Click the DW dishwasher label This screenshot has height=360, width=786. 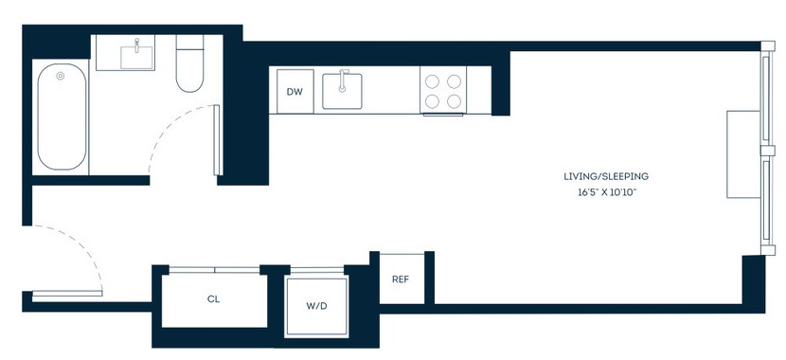point(295,92)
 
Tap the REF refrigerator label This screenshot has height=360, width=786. point(401,279)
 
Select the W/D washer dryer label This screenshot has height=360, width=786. point(316,306)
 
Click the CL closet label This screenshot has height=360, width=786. point(213,299)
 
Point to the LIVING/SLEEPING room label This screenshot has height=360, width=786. point(606,176)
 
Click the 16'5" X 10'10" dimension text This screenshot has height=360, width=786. point(606,192)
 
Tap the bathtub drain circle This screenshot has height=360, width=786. point(61,76)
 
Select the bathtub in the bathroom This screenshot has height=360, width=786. point(62,117)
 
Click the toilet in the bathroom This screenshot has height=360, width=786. point(189,63)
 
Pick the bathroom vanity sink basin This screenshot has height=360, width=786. point(138,58)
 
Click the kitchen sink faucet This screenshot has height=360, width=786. point(343,81)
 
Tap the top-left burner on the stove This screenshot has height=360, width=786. point(432,81)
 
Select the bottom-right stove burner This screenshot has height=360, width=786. point(455,101)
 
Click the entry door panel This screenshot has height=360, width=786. point(67,295)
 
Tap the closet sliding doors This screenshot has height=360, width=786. point(214,270)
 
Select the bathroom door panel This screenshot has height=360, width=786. point(217,140)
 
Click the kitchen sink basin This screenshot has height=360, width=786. point(343,91)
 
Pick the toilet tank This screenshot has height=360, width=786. point(189,42)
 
